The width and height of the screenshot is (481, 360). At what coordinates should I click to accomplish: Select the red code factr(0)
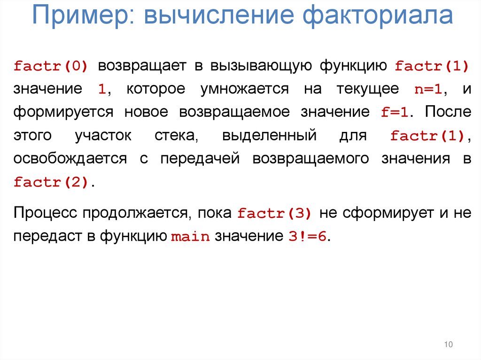pyautogui.click(x=51, y=66)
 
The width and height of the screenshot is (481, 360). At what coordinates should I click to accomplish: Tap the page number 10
pyautogui.click(x=448, y=345)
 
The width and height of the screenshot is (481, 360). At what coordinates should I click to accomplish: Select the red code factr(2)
pyautogui.click(x=51, y=183)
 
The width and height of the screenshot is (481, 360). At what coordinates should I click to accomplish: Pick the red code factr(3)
pyautogui.click(x=274, y=214)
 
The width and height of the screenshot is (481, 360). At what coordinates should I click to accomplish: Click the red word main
pyautogui.click(x=190, y=237)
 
